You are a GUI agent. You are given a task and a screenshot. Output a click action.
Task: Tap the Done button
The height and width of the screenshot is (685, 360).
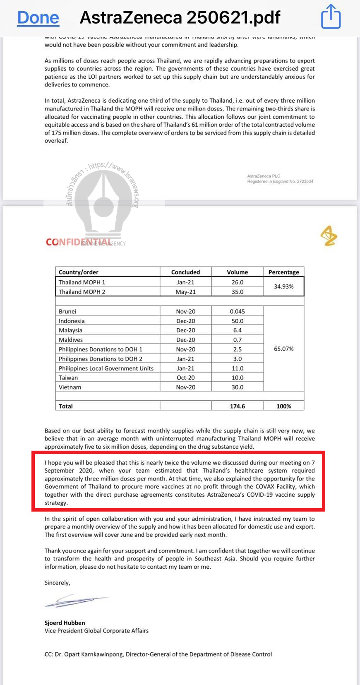[x=38, y=17]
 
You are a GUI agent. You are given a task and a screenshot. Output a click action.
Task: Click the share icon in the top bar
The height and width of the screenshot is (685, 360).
[x=331, y=17]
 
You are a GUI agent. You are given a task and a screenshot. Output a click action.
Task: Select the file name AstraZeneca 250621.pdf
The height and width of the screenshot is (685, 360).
[x=180, y=17]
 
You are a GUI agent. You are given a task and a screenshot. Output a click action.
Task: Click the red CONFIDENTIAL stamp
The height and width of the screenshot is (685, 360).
[x=78, y=242]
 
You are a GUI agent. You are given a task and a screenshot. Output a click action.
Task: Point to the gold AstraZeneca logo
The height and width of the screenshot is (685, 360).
[x=329, y=236]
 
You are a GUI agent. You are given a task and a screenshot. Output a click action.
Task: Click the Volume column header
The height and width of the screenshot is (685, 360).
[x=237, y=272]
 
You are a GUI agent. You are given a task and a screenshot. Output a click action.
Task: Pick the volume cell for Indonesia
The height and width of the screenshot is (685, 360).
[x=237, y=321]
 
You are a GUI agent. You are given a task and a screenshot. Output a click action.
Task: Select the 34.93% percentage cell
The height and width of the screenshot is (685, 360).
[x=283, y=286]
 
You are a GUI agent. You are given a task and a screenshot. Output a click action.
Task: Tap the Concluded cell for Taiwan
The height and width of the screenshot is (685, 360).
[x=185, y=377]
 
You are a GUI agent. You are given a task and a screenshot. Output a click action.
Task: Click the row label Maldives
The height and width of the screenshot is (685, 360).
[x=71, y=340]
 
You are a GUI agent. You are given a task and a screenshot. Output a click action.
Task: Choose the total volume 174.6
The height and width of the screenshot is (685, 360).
[x=237, y=406]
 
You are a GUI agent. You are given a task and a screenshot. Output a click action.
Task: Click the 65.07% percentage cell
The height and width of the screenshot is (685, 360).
[x=283, y=349]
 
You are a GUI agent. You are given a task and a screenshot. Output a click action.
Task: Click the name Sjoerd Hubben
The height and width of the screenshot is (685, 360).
[x=65, y=623]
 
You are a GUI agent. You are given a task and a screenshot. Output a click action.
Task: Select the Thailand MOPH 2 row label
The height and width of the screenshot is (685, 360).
[x=82, y=292]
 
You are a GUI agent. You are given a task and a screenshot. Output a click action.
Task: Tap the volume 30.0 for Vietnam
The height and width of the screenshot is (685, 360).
[x=237, y=387]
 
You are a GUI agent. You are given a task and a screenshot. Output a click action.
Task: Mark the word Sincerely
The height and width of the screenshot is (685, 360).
[x=57, y=583]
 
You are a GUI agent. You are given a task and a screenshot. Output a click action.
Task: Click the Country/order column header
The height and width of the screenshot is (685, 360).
[x=79, y=272]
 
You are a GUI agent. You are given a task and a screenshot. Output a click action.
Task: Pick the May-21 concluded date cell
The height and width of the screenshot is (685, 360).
[x=185, y=292]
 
